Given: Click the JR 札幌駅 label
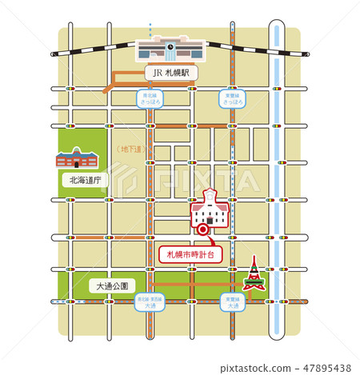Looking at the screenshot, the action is point(170,72).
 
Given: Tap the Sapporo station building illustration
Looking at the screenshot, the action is point(170,50).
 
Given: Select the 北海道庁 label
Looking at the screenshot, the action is point(86,181).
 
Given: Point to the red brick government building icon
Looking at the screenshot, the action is point(78,158).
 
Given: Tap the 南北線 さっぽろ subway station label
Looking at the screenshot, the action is point(146,98).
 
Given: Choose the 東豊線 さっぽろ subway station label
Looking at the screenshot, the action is point(232,98).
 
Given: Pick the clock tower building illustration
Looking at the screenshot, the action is point(209,210).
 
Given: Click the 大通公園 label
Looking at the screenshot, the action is point(110,285).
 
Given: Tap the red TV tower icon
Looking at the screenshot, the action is point(253,274).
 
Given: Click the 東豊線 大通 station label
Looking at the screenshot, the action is point(232,302).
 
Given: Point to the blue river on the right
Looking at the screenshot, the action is point(277,160).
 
